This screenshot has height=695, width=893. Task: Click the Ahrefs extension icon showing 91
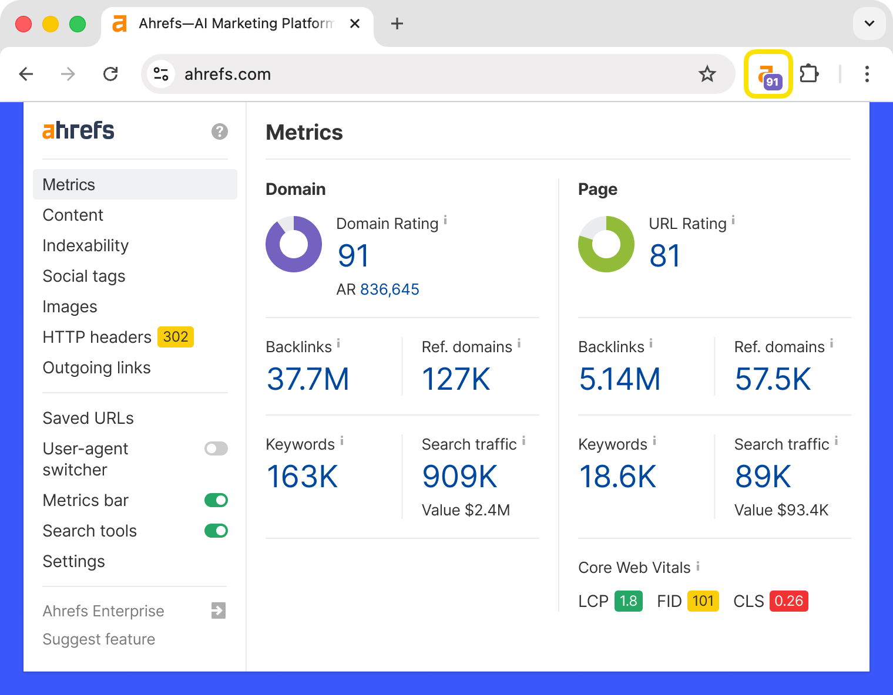tap(768, 75)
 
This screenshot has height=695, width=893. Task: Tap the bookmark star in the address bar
tap(707, 74)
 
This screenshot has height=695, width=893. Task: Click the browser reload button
tap(110, 74)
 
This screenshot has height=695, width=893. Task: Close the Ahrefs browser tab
tap(354, 23)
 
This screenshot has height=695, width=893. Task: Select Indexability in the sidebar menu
tap(85, 245)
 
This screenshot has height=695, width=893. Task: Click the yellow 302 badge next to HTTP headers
tap(176, 337)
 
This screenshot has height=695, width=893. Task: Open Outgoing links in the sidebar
tap(96, 367)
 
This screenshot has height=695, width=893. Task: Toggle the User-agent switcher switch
tap(216, 449)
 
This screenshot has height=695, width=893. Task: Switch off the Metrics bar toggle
tap(216, 500)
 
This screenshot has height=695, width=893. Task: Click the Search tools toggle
tap(216, 531)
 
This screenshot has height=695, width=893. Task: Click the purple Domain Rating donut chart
tap(294, 244)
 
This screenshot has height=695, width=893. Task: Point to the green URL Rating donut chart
tap(606, 244)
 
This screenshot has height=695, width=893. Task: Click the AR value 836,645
tap(389, 289)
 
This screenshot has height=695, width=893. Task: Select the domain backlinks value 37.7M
tap(308, 379)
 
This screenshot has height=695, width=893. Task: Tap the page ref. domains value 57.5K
tap(773, 379)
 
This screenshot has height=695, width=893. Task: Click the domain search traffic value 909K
tap(459, 477)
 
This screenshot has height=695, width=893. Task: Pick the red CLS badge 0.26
tap(788, 601)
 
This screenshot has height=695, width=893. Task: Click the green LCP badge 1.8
tap(628, 601)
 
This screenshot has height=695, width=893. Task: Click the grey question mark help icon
tap(220, 131)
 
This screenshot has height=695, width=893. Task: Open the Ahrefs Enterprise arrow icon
tap(219, 610)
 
